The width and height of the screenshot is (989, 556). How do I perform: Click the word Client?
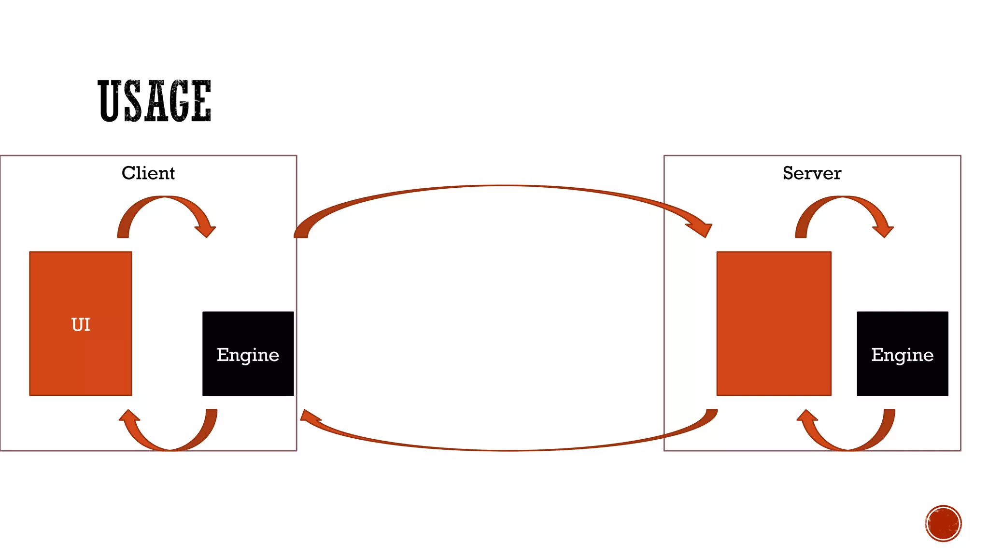pos(148,173)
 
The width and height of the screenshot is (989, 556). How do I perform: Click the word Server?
pos(812,173)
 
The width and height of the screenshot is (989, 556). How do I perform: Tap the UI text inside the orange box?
pos(81,324)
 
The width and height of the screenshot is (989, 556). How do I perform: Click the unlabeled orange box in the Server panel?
pos(774,323)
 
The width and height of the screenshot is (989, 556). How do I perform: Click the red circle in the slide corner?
pos(943,523)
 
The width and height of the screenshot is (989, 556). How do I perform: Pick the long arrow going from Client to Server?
pos(502,187)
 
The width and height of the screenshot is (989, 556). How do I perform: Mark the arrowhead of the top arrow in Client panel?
pos(206,231)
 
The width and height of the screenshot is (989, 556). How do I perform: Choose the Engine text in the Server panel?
pos(902,355)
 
